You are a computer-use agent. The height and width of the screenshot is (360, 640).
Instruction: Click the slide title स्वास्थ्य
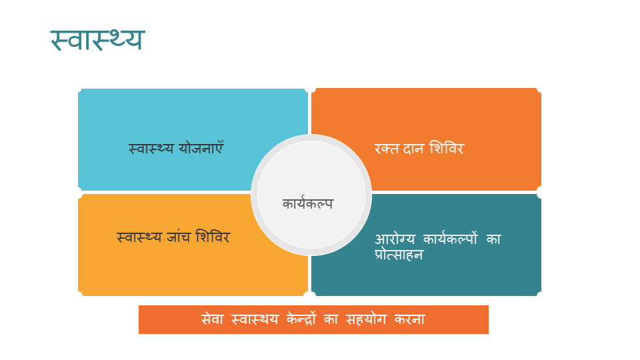[97, 40]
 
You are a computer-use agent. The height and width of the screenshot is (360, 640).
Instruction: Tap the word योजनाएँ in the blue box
[201, 147]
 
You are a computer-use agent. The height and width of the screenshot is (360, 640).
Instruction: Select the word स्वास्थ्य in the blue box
[151, 149]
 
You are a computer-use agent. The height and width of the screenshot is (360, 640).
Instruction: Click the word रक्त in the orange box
[387, 149]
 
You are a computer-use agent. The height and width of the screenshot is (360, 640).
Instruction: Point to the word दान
[413, 149]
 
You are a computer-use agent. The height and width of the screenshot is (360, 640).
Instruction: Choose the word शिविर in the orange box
[447, 148]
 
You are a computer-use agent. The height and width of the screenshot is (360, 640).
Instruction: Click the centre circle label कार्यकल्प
[308, 203]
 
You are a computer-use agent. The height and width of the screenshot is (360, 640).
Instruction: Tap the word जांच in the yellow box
[179, 237]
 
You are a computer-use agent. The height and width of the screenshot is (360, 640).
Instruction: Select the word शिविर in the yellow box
[213, 236]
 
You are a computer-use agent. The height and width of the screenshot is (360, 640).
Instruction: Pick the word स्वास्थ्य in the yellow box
[139, 237]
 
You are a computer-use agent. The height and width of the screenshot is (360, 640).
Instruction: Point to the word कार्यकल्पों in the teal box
[450, 239]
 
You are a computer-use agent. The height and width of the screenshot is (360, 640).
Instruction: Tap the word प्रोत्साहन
[399, 254]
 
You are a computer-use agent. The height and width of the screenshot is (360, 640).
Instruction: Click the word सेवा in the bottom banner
[212, 319]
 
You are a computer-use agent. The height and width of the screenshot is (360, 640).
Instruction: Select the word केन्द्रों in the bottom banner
[301, 319]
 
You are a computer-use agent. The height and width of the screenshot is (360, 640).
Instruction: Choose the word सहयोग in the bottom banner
[366, 319]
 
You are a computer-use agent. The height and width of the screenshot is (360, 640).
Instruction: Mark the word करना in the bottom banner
[410, 319]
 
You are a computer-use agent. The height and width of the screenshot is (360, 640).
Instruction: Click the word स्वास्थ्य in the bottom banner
[255, 319]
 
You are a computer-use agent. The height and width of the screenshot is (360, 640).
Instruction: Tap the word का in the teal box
[493, 239]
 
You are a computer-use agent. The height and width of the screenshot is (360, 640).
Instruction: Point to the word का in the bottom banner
[331, 319]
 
